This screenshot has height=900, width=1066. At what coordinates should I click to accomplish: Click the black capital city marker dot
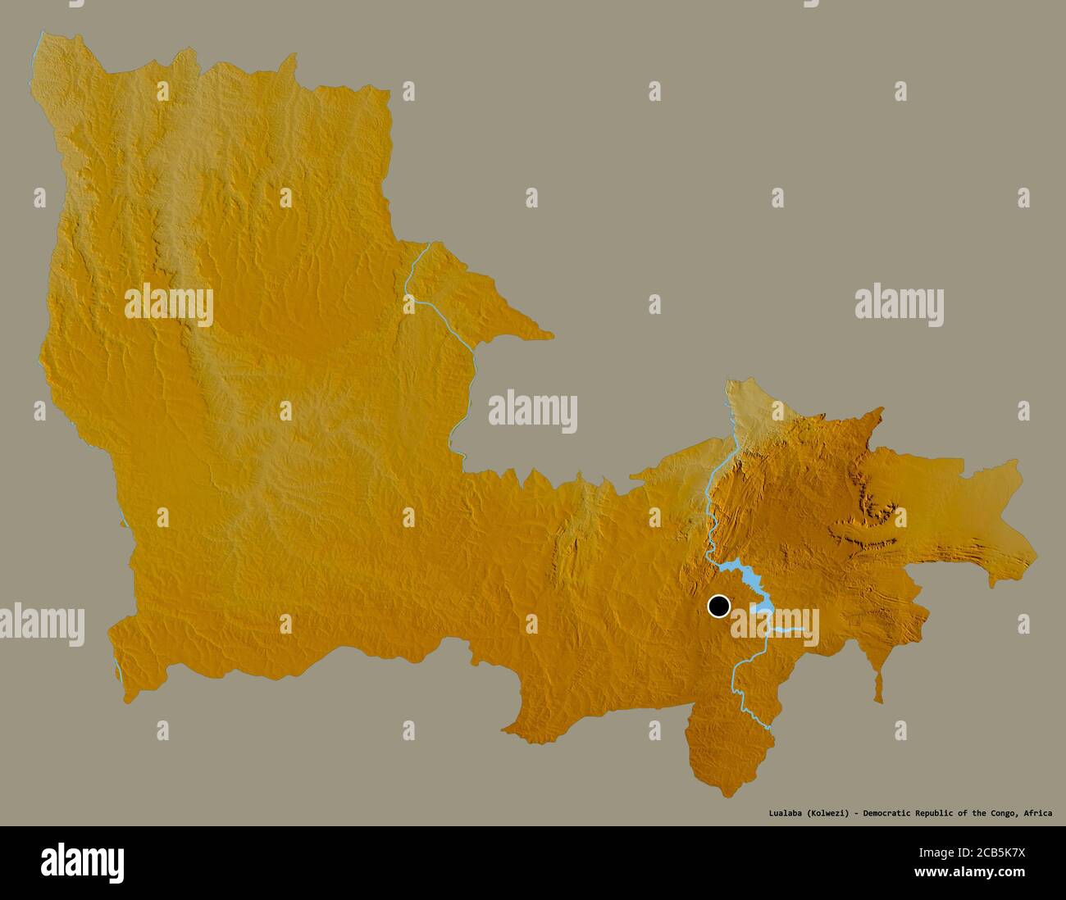719,607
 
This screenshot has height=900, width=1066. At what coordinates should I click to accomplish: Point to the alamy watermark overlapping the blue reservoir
775,623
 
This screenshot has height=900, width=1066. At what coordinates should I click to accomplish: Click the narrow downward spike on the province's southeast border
878,689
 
